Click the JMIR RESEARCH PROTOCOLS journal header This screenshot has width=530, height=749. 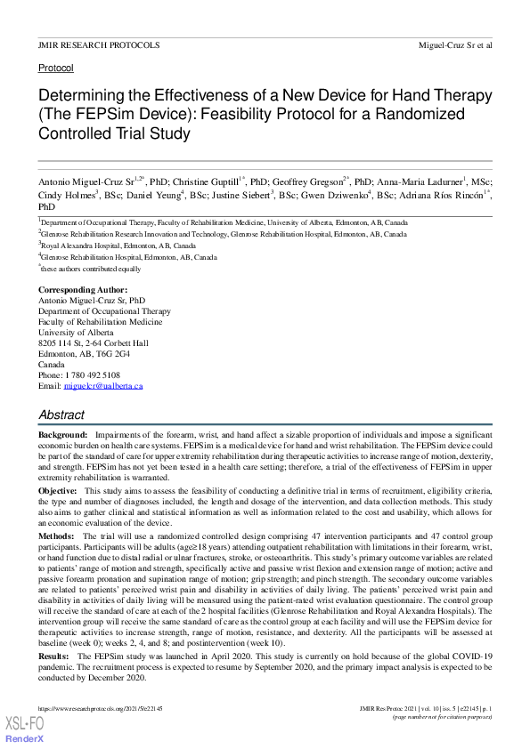tap(98, 44)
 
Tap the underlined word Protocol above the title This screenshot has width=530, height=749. tap(55, 68)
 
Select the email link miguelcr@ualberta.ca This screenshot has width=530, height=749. tap(103, 386)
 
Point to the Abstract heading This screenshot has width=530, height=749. tap(61, 415)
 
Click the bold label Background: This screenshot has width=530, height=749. tap(62, 433)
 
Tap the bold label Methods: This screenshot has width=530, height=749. tap(57, 536)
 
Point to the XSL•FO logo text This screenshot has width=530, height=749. tap(24, 726)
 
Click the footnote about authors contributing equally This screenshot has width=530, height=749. tap(92, 268)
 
